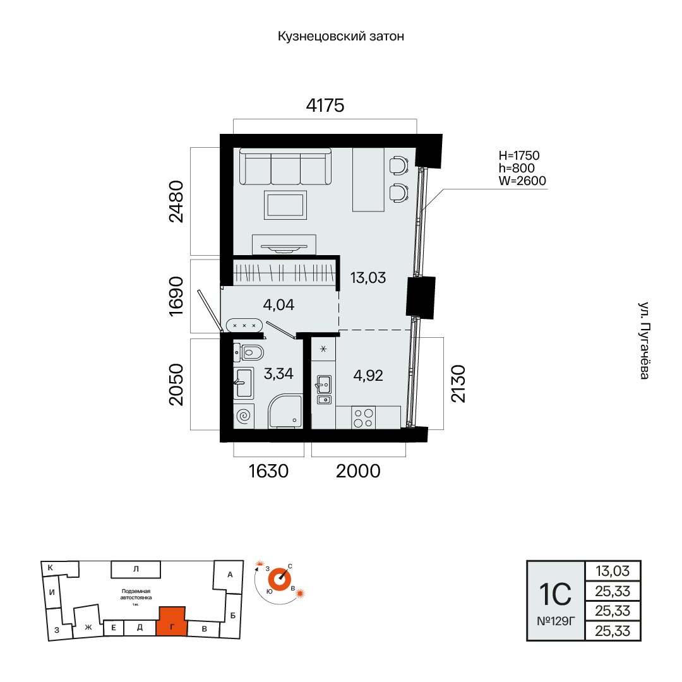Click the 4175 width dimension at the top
pos(325,105)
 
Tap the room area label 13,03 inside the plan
pos(368,277)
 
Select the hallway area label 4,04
pos(278,304)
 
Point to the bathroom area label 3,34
pos(278,373)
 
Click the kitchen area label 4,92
pos(368,375)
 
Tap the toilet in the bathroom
pos(249,352)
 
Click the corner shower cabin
pos(285,412)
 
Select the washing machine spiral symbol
pos(244,416)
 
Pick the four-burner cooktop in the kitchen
pos(363,417)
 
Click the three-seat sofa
pos(285,167)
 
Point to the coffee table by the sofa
pos(285,205)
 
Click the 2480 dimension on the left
pos(176,201)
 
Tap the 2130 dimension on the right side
pos(458,384)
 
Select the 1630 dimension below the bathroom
pos(268,471)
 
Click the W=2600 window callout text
pos(522,181)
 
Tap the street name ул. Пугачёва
pos(644,340)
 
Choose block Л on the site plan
pos(136,569)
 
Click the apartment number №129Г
pos(556,621)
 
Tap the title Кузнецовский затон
pos(341,36)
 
